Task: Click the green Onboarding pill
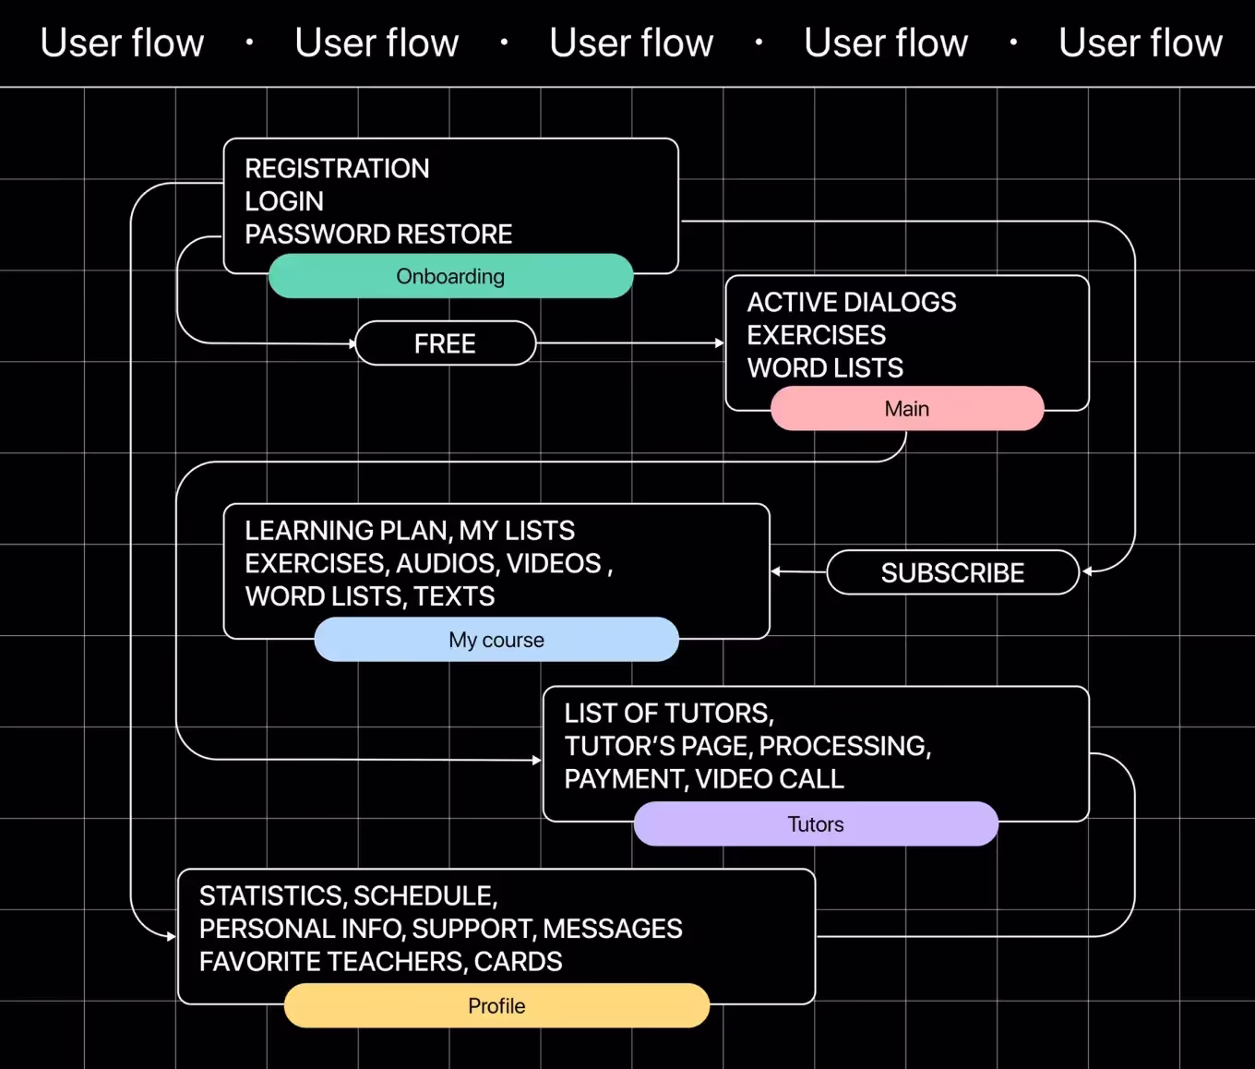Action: point(450,276)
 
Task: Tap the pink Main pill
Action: point(907,409)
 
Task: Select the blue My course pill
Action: point(496,640)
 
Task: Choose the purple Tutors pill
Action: point(816,824)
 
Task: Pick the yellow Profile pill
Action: point(496,1005)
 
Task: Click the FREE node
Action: point(445,343)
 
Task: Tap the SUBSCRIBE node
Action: point(952,572)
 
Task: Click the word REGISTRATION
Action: point(337,169)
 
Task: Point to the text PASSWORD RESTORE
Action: point(378,234)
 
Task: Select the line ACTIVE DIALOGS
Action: point(851,303)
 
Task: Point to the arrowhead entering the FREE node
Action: point(352,343)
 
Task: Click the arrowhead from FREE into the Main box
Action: point(720,343)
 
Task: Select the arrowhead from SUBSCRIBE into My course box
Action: point(776,572)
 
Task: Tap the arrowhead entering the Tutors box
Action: point(537,761)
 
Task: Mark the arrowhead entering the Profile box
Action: point(171,937)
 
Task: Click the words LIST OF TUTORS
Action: point(668,714)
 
